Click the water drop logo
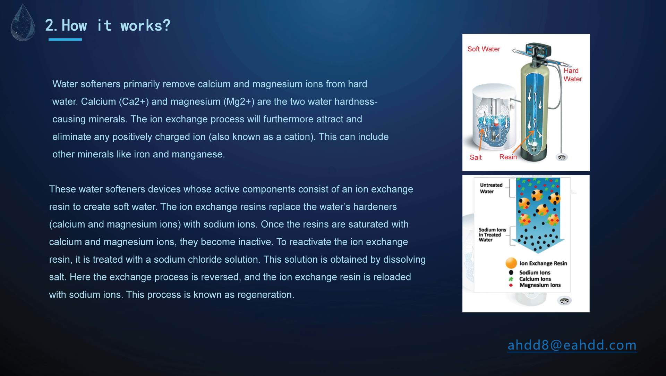[x=23, y=23]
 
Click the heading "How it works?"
[x=116, y=25]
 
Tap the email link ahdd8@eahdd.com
[x=572, y=345]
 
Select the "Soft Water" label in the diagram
[x=484, y=49]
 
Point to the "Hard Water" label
[x=572, y=75]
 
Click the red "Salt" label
[x=476, y=157]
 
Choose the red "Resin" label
[x=508, y=157]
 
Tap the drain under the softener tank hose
[x=562, y=157]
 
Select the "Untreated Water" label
[x=491, y=188]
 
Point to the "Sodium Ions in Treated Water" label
[x=492, y=235]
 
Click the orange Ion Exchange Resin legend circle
[x=511, y=263]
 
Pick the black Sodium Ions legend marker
[x=511, y=272]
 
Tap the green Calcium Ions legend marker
[x=511, y=279]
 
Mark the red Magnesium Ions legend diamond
[x=511, y=285]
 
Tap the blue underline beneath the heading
[x=65, y=39]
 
